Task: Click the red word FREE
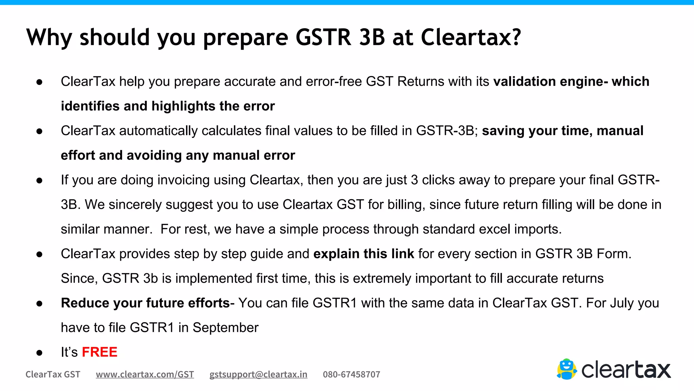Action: [100, 352]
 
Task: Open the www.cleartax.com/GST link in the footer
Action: [145, 374]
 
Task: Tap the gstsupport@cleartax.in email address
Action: [258, 374]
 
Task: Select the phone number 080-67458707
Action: [351, 374]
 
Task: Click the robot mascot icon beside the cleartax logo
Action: [567, 369]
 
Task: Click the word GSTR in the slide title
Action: [323, 37]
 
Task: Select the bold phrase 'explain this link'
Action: [364, 254]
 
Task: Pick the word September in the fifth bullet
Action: [225, 328]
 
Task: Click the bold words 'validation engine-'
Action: [550, 82]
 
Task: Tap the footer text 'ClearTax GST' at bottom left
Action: [53, 374]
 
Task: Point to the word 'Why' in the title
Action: [49, 37]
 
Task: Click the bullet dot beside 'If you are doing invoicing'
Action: [39, 181]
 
